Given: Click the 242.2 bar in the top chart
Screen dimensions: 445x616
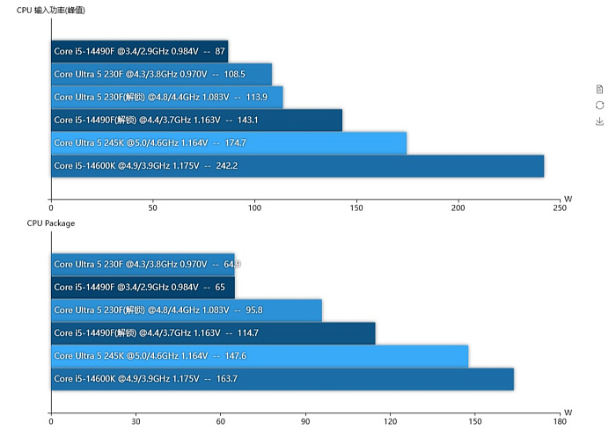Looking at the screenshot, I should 297,165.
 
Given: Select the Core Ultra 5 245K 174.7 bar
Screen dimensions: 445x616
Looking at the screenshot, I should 229,142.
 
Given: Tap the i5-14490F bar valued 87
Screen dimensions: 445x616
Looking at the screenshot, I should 139,51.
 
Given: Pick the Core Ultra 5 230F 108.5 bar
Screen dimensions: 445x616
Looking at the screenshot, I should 161,74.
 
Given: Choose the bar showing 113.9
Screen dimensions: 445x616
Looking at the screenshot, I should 166,97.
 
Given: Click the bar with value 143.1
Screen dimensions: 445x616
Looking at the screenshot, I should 196,120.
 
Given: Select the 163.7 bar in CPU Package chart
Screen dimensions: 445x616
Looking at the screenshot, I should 282,379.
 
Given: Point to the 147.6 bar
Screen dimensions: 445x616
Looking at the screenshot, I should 259,356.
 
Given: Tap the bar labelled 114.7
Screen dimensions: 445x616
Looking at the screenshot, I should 213,333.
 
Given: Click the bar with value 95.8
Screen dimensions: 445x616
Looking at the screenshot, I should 186,310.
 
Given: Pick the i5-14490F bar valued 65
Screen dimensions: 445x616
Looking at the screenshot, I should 143,288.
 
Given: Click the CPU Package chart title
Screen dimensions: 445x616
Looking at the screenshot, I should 51,223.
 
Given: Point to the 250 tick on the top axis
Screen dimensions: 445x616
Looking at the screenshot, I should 560,208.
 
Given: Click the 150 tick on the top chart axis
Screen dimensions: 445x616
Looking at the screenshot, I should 356,208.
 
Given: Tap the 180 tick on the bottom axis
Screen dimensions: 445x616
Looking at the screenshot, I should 560,422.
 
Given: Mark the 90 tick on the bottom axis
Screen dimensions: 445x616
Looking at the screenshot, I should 305,422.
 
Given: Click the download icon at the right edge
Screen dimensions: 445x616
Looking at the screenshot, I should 600,121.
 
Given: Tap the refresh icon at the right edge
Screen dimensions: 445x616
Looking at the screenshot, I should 600,106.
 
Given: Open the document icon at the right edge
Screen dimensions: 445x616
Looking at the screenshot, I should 600,89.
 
